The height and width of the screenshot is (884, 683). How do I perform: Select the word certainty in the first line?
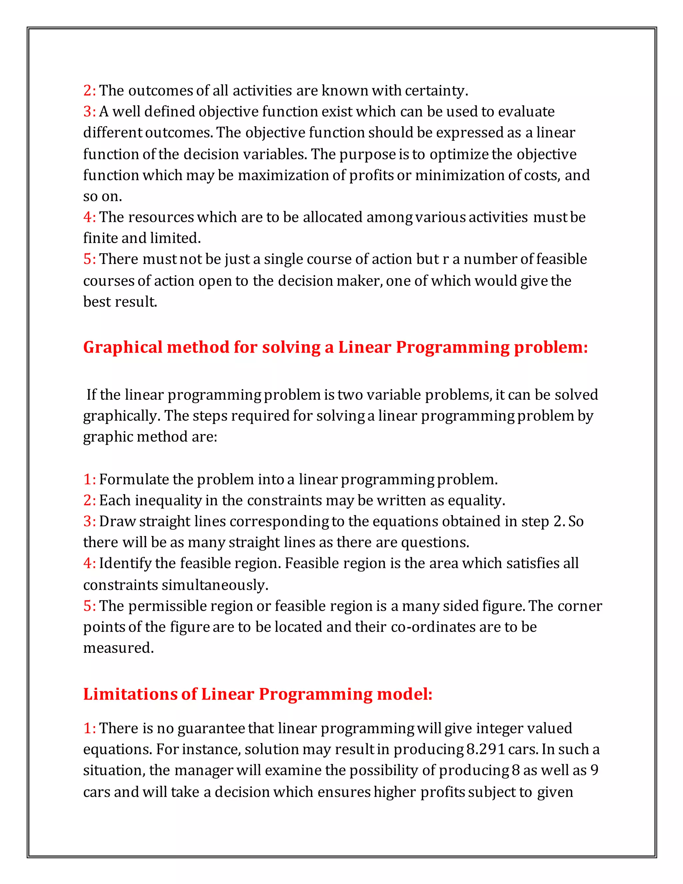[436, 91]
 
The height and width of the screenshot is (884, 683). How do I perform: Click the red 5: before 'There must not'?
[89, 259]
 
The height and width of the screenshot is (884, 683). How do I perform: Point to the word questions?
[435, 542]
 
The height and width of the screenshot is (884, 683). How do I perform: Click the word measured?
[118, 648]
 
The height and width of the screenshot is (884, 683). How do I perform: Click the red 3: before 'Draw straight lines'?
[89, 521]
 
